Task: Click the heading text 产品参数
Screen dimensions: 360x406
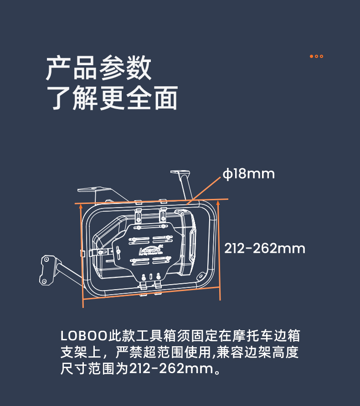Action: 98,68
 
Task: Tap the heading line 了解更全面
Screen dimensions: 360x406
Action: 112,98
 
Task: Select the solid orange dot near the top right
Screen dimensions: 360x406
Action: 311,56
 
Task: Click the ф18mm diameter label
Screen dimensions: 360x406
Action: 248,174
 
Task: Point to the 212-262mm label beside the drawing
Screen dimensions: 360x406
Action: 265,249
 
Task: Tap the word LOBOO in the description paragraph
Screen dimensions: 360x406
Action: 84,336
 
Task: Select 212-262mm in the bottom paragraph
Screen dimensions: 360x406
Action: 171,369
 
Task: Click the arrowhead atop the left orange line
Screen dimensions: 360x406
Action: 81,206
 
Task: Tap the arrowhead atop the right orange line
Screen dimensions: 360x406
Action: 218,203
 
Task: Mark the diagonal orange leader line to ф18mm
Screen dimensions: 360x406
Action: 204,191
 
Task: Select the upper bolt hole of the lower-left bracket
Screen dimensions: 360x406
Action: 47,259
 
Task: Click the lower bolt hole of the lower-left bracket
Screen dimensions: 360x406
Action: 44,281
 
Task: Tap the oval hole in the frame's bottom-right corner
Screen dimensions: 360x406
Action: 200,276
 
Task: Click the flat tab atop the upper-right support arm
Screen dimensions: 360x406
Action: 180,172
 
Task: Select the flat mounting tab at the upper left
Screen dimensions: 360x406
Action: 94,189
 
